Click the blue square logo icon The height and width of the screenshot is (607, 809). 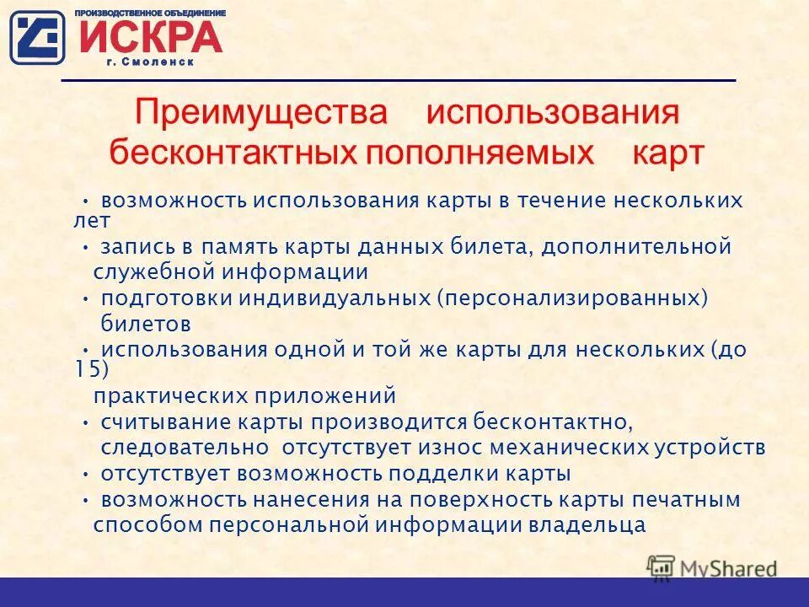coord(37,37)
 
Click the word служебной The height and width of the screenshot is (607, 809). coord(154,271)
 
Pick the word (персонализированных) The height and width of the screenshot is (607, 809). coord(572,298)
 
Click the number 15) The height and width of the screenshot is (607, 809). coord(92,368)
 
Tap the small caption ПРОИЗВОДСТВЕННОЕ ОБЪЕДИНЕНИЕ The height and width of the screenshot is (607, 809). coord(151,13)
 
